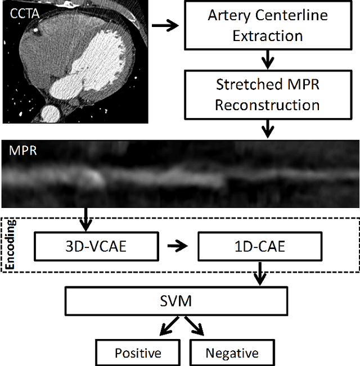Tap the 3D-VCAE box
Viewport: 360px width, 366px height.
[x=94, y=246]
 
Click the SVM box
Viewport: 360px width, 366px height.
[x=181, y=301]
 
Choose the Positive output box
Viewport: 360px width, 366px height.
[x=138, y=353]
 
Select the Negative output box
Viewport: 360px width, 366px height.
[x=232, y=353]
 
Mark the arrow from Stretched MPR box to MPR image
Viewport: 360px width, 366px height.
[x=268, y=129]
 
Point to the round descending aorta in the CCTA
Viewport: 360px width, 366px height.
[x=51, y=111]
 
